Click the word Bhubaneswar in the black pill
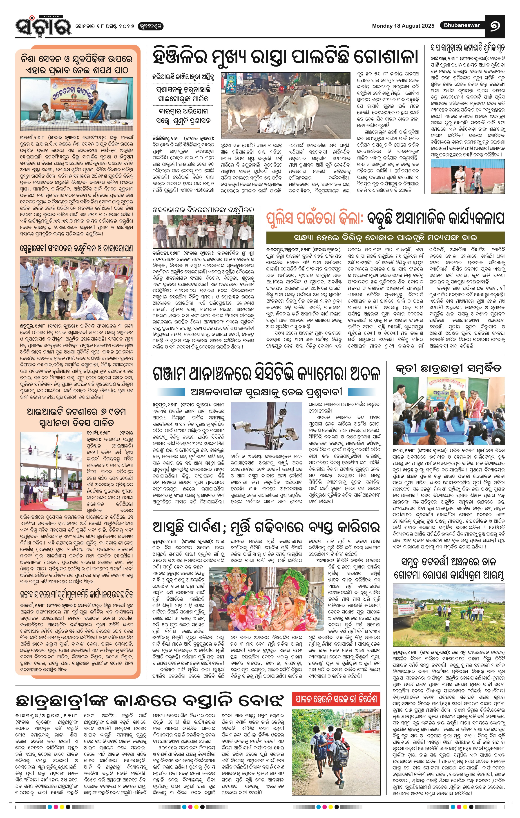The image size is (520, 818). pyautogui.click(x=462, y=25)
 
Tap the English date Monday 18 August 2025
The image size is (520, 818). pyautogui.click(x=403, y=26)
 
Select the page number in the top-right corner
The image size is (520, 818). pyautogui.click(x=497, y=26)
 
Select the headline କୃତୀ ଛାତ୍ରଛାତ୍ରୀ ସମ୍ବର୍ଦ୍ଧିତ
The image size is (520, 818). pyautogui.click(x=448, y=369)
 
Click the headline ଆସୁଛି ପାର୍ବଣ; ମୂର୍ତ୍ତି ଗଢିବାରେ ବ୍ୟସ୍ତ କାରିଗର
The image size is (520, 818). pyautogui.click(x=266, y=527)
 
